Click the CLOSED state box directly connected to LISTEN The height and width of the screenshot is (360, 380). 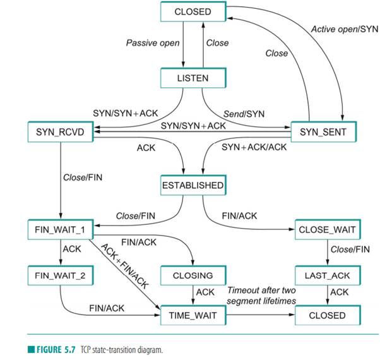pos(193,11)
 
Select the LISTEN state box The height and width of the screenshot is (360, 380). pos(193,78)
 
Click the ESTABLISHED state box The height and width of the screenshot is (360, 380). pos(193,186)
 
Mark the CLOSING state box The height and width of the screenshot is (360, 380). pos(193,276)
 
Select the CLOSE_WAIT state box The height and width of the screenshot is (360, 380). pos(328,229)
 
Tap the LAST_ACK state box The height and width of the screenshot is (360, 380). pos(328,276)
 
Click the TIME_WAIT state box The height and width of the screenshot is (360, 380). pos(193,315)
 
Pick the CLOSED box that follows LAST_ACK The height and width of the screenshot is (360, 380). pos(328,315)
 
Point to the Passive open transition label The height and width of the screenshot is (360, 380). pos(152,43)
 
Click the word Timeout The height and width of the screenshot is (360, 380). pos(244,290)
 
